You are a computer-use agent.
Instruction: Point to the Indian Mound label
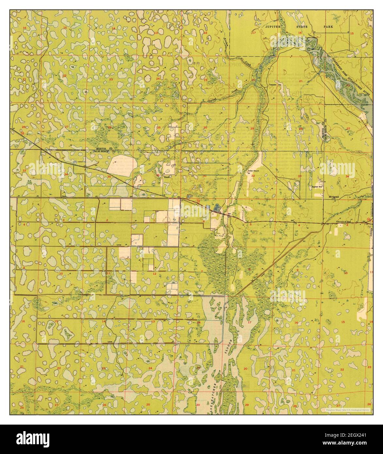tap(255, 171)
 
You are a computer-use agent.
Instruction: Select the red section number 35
tap(109, 176)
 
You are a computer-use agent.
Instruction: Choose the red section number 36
tap(158, 175)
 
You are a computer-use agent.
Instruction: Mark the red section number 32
tap(253, 176)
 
